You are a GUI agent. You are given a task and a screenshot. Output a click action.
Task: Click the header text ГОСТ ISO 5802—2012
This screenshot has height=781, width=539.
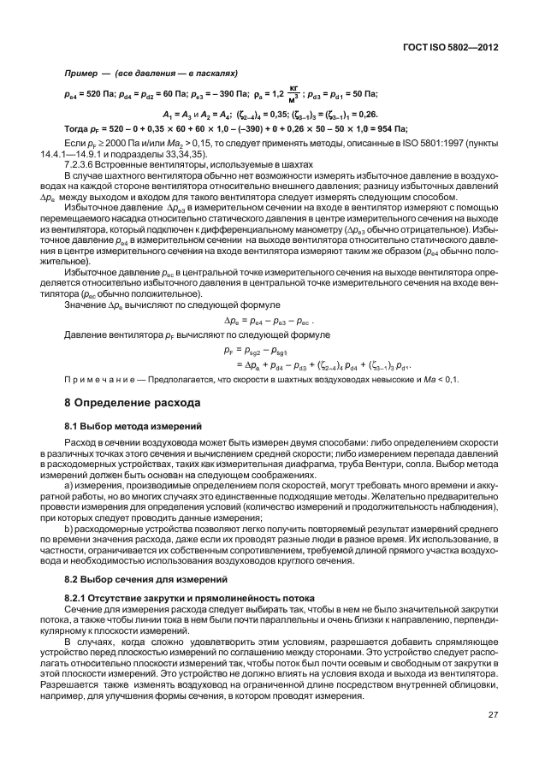[x=451, y=49]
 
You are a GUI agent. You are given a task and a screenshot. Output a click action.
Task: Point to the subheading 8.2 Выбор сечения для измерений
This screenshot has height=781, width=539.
[x=139, y=578]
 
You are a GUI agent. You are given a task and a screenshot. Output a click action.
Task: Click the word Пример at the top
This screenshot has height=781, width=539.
[x=80, y=74]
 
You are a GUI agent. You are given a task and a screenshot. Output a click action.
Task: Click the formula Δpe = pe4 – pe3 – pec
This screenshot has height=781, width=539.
[x=269, y=321]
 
